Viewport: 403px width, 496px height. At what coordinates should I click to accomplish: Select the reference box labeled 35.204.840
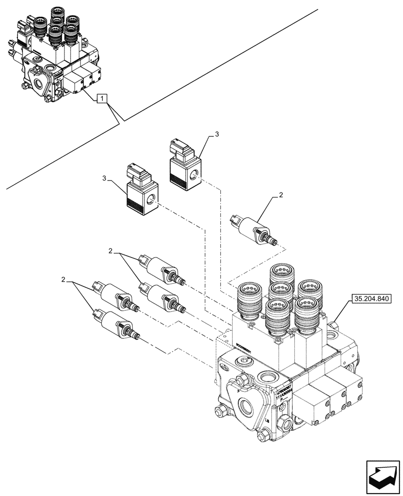(372, 299)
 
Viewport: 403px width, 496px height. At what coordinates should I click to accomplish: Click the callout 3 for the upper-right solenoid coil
(216, 134)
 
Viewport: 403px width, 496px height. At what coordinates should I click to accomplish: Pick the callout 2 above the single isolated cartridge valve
(280, 196)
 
